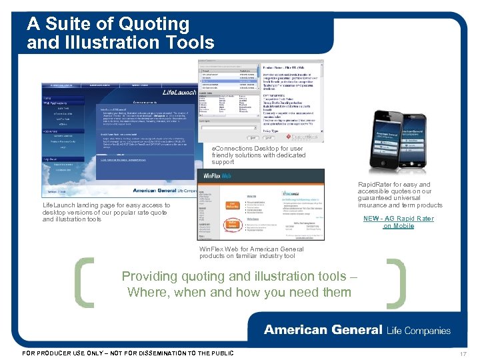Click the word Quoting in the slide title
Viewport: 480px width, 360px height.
click(x=155, y=24)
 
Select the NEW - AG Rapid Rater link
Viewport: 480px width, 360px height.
click(x=398, y=222)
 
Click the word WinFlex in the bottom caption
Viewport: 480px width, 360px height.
click(x=212, y=249)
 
